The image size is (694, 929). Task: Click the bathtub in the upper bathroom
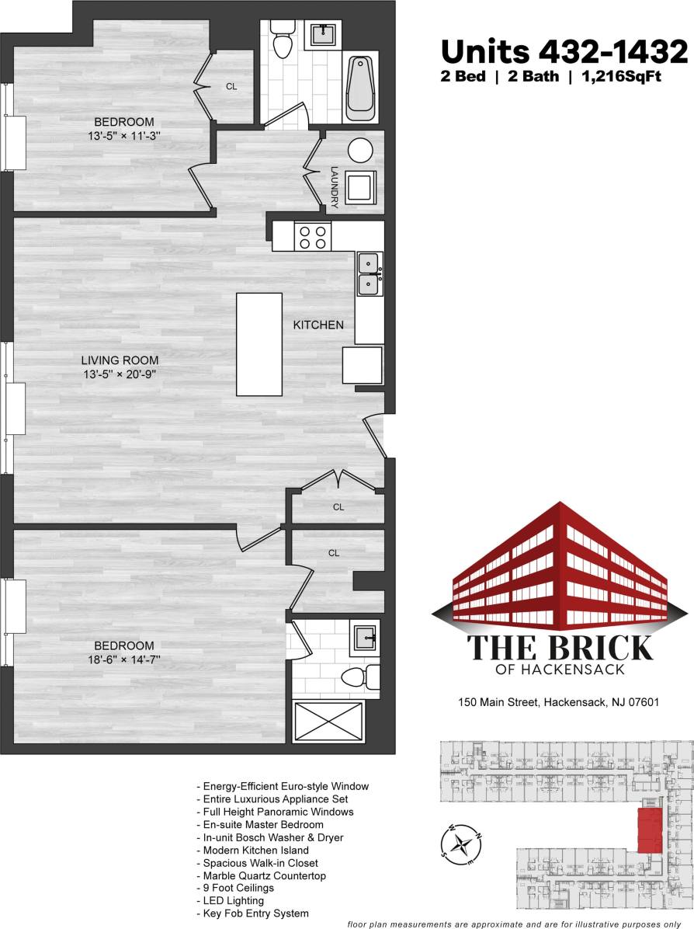tap(362, 90)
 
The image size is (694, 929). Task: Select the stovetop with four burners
tap(313, 236)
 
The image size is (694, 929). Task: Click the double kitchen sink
tap(369, 274)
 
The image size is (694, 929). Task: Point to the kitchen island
tap(259, 344)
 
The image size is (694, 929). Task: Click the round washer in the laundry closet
tap(361, 150)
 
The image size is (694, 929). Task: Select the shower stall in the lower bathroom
tap(328, 722)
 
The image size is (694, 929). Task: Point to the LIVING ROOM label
tap(120, 360)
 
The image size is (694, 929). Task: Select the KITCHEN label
tap(318, 325)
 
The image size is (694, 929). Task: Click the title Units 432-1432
tap(564, 53)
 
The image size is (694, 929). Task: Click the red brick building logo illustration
tap(550, 567)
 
